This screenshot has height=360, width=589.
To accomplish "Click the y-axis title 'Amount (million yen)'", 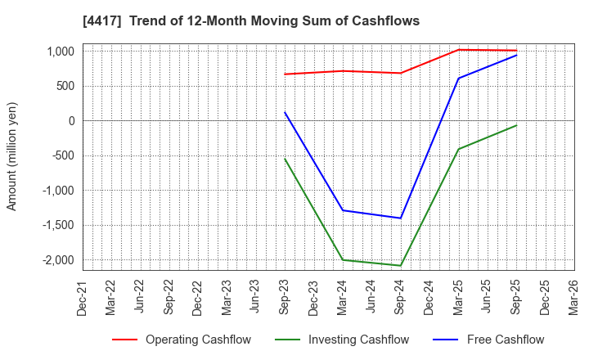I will pos(11,156).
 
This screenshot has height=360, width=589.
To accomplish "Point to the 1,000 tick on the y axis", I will pos(58,52).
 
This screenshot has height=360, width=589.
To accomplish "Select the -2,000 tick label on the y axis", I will pos(56,260).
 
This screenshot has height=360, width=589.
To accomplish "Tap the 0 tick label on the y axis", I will pos(71,121).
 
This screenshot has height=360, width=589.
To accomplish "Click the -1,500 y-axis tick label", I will pos(56,225).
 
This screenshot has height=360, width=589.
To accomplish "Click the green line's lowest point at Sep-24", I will pos(401,266).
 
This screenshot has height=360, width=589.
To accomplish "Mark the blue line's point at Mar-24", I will pos(343,210).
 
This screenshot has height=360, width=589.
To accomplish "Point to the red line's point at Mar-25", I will pos(458,50).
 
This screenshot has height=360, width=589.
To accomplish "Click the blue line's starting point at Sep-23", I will pos(285,112).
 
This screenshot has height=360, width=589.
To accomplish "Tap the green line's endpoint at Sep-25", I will pos(516,125).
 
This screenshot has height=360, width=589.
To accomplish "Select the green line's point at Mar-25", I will pos(458,149).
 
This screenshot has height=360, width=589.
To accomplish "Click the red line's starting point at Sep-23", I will pos(285,74).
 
